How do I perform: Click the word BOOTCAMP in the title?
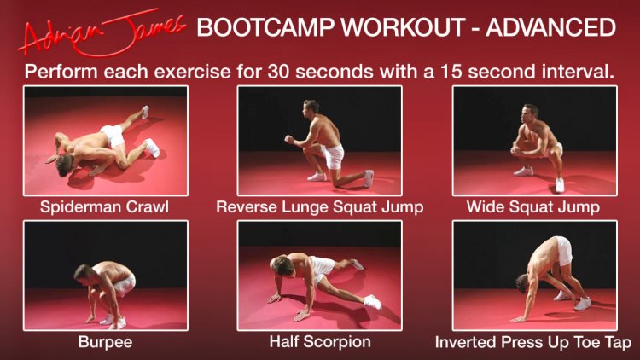[266, 27]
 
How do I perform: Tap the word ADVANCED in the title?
[550, 27]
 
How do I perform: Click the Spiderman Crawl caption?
[104, 207]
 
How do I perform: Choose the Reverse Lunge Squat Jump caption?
[320, 207]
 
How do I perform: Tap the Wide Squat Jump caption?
[533, 207]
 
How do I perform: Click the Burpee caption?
[105, 342]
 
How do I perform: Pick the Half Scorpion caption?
[320, 342]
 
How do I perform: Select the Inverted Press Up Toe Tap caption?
[533, 342]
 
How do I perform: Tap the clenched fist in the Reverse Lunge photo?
[289, 140]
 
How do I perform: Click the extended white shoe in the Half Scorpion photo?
[373, 302]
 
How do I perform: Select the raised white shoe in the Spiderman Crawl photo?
[145, 112]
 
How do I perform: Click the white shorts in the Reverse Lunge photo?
[334, 155]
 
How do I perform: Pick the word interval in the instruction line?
[578, 72]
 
